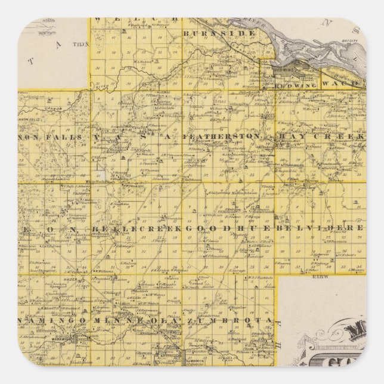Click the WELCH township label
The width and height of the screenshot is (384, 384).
(x=136, y=20)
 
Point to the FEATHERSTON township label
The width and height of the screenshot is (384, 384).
(x=222, y=137)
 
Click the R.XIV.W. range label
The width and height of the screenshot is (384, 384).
(x=312, y=275)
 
